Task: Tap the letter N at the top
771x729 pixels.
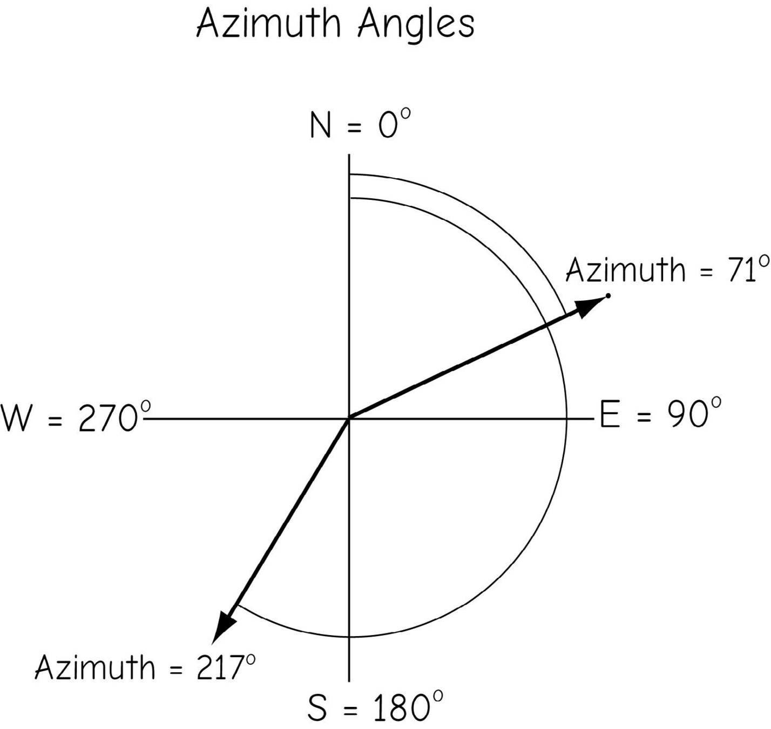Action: tap(321, 126)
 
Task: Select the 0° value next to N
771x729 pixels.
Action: tap(394, 125)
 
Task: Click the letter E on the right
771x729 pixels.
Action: tap(610, 415)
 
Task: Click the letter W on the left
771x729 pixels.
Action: tap(16, 418)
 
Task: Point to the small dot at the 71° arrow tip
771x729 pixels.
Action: tap(608, 295)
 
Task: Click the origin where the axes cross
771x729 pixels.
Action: tap(349, 418)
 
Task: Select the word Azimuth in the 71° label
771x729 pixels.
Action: tap(625, 269)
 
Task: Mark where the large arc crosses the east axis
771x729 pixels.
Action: tap(566, 418)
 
